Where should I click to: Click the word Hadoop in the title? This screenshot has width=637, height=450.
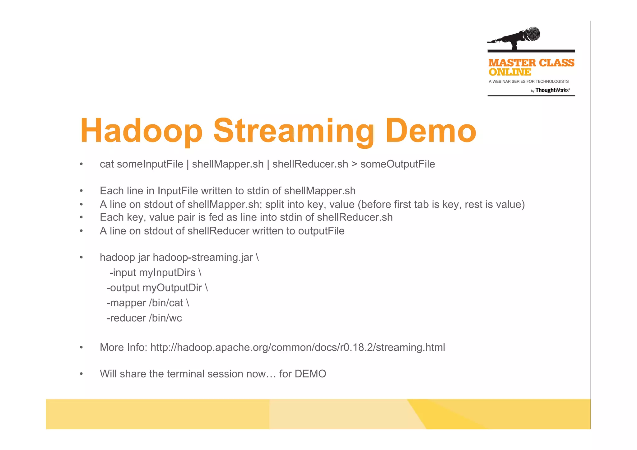[142, 131]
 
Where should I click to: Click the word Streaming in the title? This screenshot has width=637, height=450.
[294, 131]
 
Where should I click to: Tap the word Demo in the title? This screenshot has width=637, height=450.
[430, 131]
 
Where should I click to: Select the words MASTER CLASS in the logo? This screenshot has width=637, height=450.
[531, 63]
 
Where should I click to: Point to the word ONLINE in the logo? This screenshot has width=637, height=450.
[510, 72]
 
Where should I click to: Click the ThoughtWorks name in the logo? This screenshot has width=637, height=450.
[552, 90]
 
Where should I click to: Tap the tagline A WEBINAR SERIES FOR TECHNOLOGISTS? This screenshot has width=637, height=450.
[528, 81]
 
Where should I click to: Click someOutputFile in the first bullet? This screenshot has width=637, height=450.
[398, 164]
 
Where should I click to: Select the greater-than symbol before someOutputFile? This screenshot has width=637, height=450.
[354, 164]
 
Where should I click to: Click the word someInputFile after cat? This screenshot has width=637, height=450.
[150, 164]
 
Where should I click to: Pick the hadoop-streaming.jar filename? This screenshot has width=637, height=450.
[203, 257]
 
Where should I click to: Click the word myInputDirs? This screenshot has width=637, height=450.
[167, 273]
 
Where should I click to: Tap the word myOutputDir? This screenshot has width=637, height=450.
[172, 288]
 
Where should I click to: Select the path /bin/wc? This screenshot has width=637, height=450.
[165, 318]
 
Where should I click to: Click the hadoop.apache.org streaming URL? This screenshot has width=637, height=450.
[298, 347]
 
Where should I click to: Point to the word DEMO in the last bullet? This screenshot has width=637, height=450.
[310, 374]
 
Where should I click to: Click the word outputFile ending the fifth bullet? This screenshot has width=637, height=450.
[321, 231]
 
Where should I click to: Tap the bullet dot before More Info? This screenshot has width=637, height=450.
[81, 347]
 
